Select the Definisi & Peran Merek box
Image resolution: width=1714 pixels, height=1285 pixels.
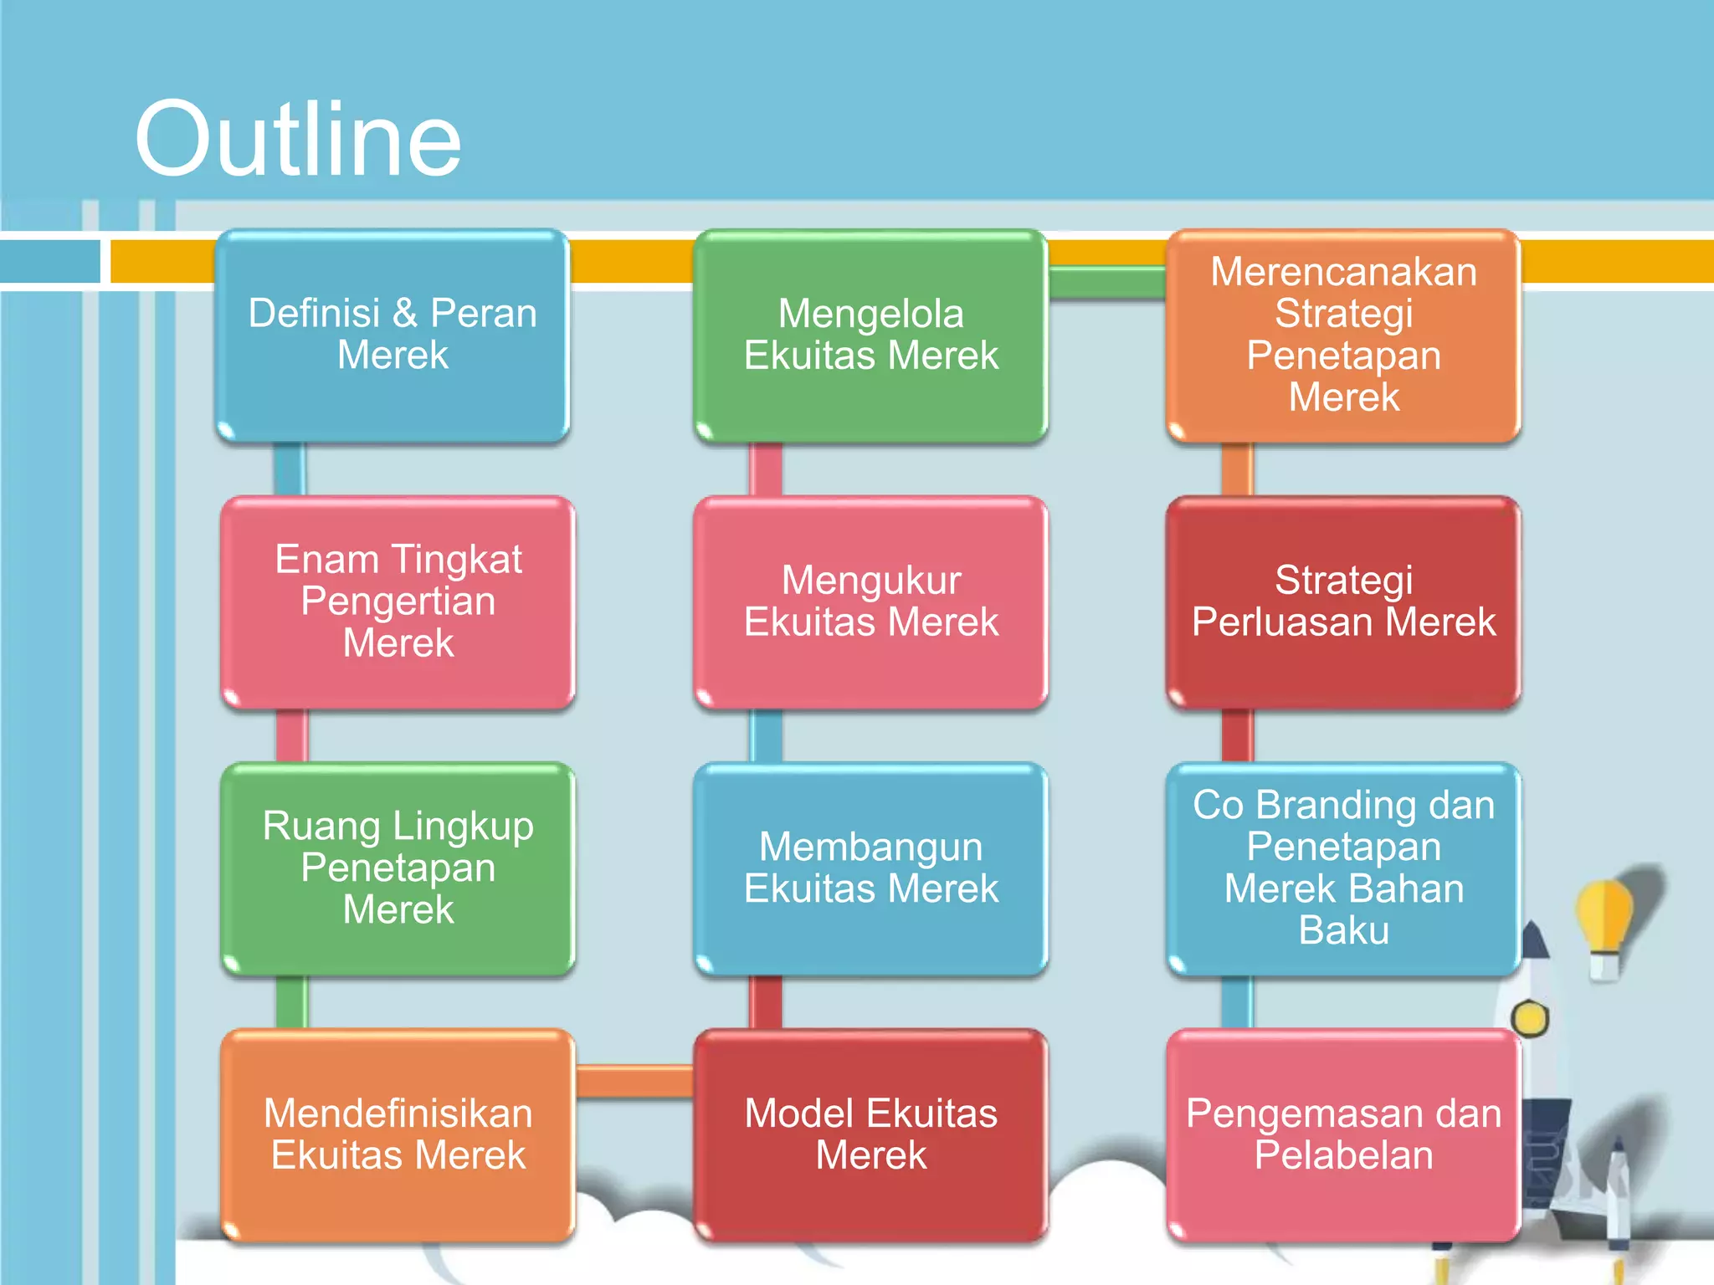pos(393,335)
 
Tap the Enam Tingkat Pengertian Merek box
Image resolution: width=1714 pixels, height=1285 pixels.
pos(398,602)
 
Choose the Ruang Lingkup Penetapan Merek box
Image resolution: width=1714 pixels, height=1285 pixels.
pos(398,868)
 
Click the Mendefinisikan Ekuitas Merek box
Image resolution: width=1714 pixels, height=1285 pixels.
pos(398,1135)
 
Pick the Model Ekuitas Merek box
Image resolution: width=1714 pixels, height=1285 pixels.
pos(871,1135)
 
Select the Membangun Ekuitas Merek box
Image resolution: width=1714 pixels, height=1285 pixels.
pos(871,868)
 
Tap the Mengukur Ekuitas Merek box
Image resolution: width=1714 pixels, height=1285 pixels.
pos(871,602)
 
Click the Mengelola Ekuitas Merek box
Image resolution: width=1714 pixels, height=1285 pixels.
pos(871,335)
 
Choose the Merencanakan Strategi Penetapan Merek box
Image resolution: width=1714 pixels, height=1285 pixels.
pos(1344,335)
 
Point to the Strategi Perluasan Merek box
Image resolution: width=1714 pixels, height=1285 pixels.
pos(1344,602)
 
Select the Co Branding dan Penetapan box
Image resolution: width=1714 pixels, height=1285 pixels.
pos(1344,868)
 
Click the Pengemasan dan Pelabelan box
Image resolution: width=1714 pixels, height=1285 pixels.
pos(1344,1135)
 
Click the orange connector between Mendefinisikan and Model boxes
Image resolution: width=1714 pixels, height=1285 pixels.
pos(634,1080)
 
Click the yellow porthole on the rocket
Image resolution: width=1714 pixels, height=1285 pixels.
pos(1531,1019)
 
